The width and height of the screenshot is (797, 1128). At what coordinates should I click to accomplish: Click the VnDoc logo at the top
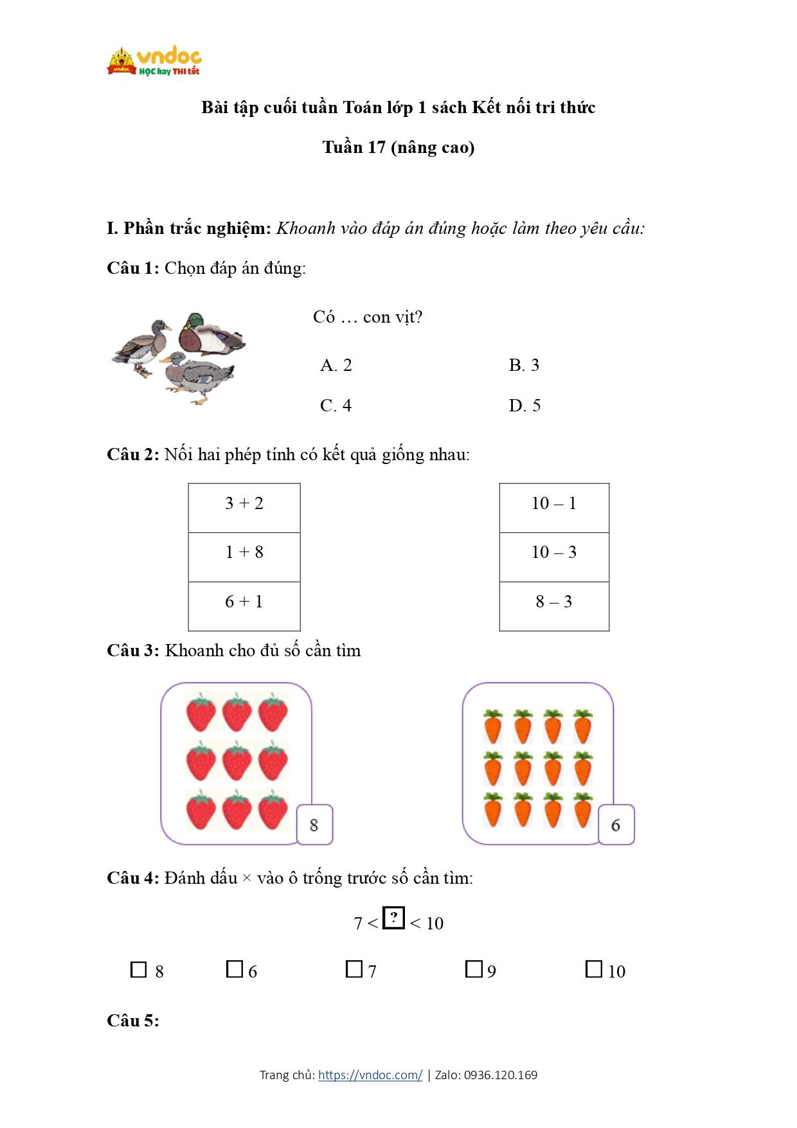(x=154, y=62)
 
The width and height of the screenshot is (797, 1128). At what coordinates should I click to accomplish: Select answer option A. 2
(x=336, y=366)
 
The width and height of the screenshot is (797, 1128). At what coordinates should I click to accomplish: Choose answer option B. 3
(x=524, y=366)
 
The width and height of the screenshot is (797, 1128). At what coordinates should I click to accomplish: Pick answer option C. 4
(x=336, y=406)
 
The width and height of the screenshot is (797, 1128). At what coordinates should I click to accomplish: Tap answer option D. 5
(x=524, y=406)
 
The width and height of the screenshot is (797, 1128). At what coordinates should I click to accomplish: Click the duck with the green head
(x=210, y=334)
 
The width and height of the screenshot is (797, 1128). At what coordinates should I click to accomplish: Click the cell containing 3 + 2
(x=244, y=508)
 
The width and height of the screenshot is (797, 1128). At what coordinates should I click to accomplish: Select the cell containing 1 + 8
(x=244, y=557)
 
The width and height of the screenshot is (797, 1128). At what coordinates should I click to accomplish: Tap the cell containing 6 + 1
(x=244, y=606)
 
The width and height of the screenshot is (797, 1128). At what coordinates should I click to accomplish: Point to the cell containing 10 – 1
(x=554, y=508)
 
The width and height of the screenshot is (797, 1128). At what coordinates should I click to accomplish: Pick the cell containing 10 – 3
(x=554, y=557)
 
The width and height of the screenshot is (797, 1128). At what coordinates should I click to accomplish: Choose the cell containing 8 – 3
(x=554, y=606)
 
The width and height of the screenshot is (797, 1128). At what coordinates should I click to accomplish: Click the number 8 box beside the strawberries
(x=314, y=825)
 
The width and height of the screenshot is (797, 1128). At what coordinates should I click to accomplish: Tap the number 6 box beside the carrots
(x=616, y=825)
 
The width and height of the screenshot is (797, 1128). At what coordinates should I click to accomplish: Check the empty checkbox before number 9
(x=474, y=969)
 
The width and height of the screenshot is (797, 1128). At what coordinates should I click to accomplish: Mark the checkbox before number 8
(x=139, y=969)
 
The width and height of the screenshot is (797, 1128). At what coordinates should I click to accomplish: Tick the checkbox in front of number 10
(x=594, y=969)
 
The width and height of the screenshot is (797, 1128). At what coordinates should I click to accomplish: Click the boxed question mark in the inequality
(x=393, y=917)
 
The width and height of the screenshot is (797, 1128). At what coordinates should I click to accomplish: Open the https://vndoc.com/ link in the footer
(x=370, y=1075)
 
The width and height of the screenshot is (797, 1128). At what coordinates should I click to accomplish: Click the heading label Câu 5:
(x=133, y=1021)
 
